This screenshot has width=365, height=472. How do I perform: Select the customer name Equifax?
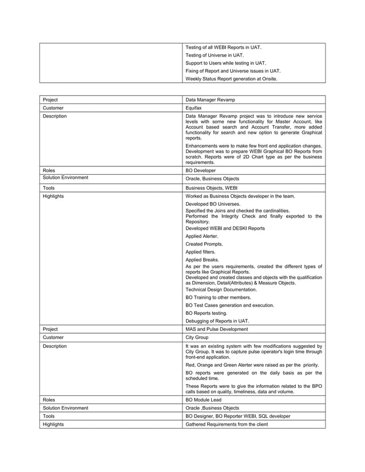(x=196, y=107)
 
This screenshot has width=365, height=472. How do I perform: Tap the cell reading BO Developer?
(x=203, y=170)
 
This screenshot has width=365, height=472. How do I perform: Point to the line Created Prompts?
(x=204, y=244)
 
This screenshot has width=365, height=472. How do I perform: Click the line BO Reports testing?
(x=207, y=313)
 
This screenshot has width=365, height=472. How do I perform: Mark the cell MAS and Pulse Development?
(x=217, y=329)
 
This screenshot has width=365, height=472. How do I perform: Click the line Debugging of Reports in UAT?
(x=217, y=321)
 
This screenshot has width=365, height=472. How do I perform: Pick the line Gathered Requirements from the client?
(x=226, y=425)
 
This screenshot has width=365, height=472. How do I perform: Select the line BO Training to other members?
(x=218, y=298)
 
